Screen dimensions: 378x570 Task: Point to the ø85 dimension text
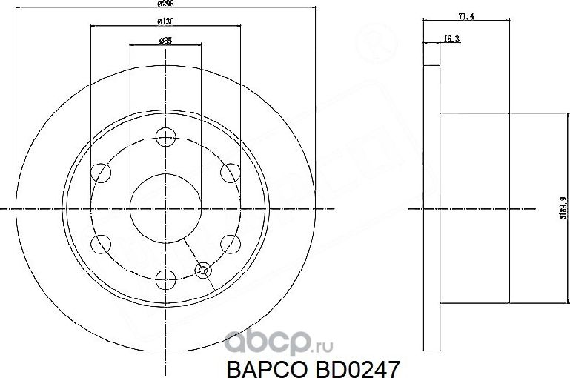[x=165, y=42]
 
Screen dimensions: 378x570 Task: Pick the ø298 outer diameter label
[x=165, y=4]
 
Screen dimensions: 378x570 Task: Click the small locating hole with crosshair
[x=203, y=270]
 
